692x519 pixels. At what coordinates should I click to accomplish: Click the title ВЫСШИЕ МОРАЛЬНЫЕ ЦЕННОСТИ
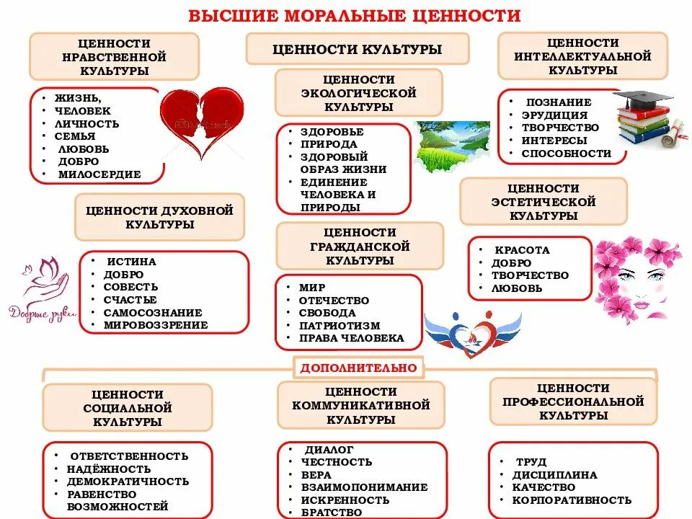pos(355,16)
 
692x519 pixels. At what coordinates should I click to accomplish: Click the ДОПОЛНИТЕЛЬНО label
pos(358,368)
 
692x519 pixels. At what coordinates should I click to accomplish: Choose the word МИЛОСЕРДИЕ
pos(101,174)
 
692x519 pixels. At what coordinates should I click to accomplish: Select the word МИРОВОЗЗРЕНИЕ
pos(156,325)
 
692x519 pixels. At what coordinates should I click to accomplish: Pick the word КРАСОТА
pos(520,250)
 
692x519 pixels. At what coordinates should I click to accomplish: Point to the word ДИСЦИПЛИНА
pos(554,475)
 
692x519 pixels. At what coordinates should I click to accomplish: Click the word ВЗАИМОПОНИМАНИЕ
pos(364,487)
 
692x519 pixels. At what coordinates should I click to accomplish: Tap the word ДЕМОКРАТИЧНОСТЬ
pos(128,482)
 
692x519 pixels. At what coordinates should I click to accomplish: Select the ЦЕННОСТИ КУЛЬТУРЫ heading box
pos(358,50)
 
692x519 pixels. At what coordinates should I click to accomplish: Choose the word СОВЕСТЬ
pos(130,287)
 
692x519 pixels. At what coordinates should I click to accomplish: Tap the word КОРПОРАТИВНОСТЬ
pos(572,500)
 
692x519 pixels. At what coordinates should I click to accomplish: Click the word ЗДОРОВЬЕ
pos(332,132)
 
